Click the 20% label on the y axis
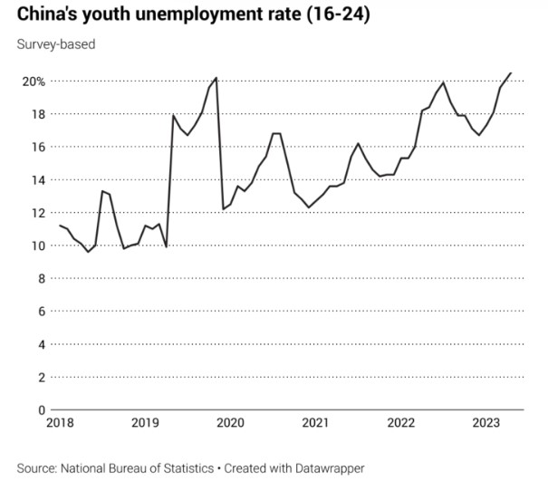34,82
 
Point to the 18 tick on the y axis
37,114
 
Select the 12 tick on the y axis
37,213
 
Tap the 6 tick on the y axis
40,311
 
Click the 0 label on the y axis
40,409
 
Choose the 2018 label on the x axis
58,423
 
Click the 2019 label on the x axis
144,423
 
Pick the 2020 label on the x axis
229,423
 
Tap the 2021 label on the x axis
315,423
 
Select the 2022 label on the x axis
400,423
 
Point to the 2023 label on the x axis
486,423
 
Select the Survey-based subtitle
55,43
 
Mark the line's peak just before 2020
216,78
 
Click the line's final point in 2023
510,73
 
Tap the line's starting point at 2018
59,226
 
